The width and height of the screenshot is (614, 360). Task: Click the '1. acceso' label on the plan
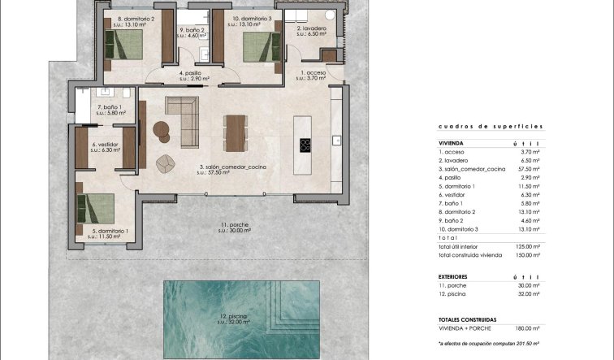click(x=313, y=73)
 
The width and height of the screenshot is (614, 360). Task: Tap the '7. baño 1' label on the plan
click(x=110, y=107)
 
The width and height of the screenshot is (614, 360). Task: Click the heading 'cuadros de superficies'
click(x=490, y=126)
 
